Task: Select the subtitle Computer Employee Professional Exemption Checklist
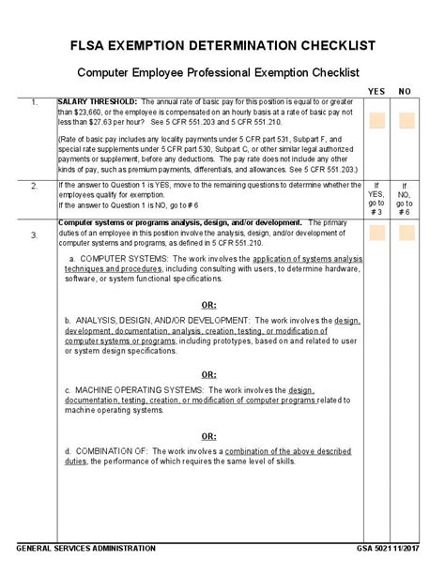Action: (218, 72)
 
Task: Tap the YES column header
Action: (376, 91)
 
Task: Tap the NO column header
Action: (406, 91)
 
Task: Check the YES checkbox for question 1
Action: (376, 120)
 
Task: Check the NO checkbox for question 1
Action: (406, 120)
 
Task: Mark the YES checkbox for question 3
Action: (376, 233)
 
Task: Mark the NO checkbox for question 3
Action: (406, 233)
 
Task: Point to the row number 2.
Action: (34, 186)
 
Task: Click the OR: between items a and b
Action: (210, 304)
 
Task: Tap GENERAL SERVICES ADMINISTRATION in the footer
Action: (86, 548)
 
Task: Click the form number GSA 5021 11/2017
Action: (386, 548)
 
